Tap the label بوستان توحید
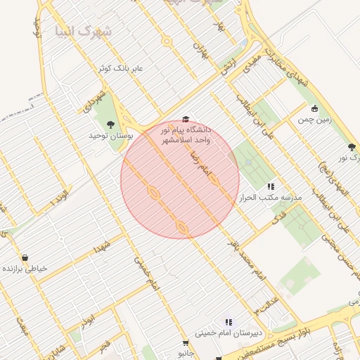110,135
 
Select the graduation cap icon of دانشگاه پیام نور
186,120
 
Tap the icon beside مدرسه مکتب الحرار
271,187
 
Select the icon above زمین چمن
314,108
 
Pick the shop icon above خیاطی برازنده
25,258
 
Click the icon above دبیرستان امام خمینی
229,322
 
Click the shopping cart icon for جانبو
186,343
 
